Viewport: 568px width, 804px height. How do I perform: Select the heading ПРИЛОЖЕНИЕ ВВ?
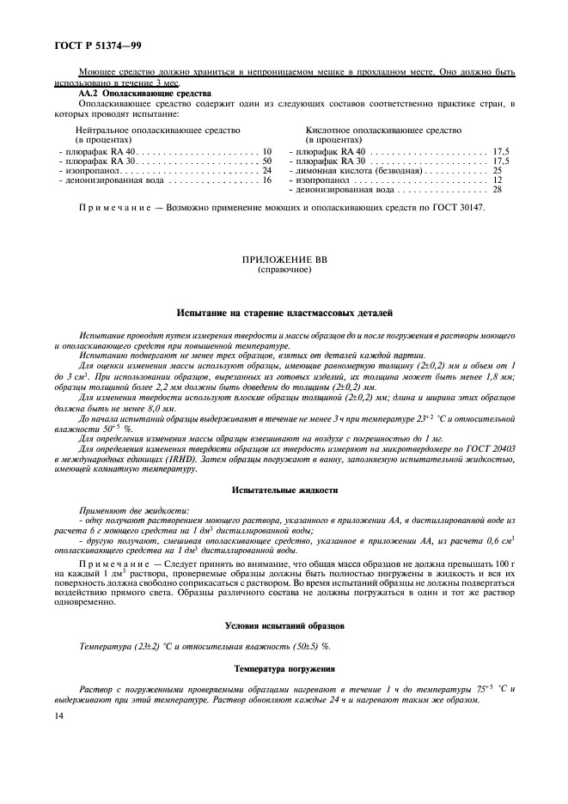point(284,259)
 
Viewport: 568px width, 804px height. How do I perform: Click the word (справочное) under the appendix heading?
point(284,269)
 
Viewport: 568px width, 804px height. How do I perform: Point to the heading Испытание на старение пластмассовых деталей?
point(284,314)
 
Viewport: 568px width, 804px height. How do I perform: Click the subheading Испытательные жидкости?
point(284,490)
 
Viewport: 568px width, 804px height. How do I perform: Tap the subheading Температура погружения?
point(284,667)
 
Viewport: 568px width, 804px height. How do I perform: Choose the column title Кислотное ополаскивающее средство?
point(383,131)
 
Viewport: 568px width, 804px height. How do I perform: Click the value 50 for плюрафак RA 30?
point(266,161)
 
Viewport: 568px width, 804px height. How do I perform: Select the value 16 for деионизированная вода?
point(266,180)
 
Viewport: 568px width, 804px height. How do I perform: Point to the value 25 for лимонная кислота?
point(498,171)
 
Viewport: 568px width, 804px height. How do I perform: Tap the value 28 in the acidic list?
point(498,190)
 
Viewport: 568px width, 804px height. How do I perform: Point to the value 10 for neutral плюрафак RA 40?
point(266,151)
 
